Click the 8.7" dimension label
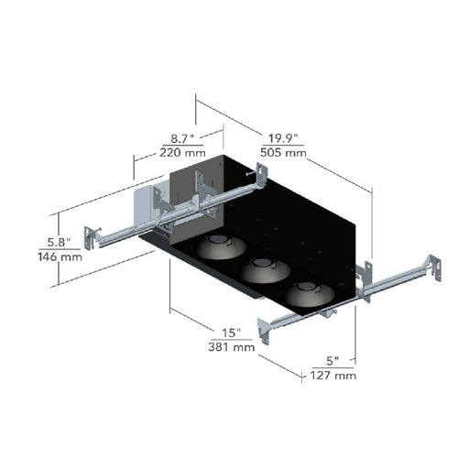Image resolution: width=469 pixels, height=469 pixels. tap(182, 138)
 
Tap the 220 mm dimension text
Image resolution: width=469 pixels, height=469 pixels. tap(182, 152)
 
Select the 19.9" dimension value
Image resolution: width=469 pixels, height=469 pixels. tap(283, 138)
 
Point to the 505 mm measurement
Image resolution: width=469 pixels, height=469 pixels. tap(283, 152)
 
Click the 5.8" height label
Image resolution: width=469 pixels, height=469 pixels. tap(59, 243)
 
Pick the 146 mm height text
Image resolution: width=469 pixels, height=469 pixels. tap(60, 256)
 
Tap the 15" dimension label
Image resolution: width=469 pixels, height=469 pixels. tap(231, 333)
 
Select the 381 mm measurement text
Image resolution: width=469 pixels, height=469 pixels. tap(232, 347)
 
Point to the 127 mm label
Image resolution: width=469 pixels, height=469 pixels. tap(333, 375)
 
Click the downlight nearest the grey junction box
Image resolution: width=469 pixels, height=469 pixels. tap(221, 246)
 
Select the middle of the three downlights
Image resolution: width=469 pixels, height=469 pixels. tap(265, 269)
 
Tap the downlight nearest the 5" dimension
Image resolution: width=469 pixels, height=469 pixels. tap(310, 294)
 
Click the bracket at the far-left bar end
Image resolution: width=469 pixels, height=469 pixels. tap(91, 238)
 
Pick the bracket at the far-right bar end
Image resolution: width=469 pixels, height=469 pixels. tap(433, 267)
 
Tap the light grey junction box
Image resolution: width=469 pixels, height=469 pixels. tap(144, 206)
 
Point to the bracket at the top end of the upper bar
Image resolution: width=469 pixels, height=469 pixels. tap(261, 176)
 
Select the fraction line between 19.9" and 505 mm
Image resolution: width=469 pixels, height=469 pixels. tap(282, 146)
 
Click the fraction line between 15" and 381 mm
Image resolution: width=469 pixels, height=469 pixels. tap(232, 340)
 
